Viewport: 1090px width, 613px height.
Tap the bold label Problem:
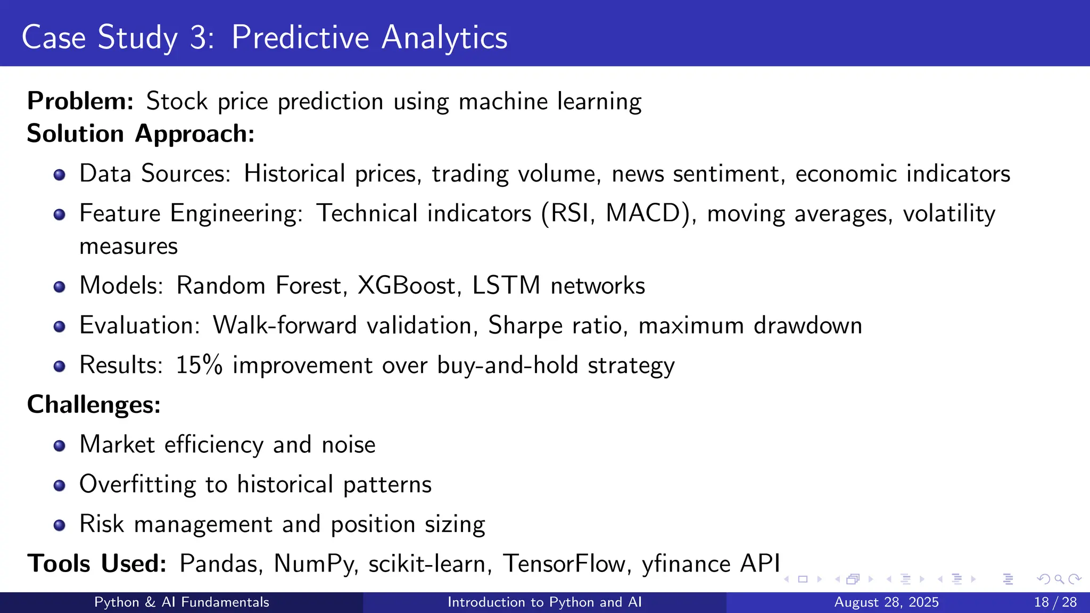point(80,101)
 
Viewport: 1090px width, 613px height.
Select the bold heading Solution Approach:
point(141,134)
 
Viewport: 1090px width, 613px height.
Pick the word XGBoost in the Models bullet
point(407,286)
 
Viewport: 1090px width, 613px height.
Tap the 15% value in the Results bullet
point(199,366)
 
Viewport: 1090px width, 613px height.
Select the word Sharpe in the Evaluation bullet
point(525,326)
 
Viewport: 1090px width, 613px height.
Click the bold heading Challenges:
point(94,405)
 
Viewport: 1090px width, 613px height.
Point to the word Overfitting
point(137,485)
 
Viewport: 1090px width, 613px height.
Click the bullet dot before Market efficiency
point(60,445)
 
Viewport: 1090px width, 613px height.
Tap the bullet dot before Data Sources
point(60,175)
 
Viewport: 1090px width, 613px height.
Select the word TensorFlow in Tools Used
point(564,564)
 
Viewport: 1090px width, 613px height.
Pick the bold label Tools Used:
point(97,564)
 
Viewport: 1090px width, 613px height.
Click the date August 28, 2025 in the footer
point(886,602)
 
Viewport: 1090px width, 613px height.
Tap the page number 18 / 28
point(1055,602)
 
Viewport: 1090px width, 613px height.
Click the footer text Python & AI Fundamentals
point(181,602)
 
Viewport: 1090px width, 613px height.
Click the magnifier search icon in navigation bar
point(1059,579)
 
